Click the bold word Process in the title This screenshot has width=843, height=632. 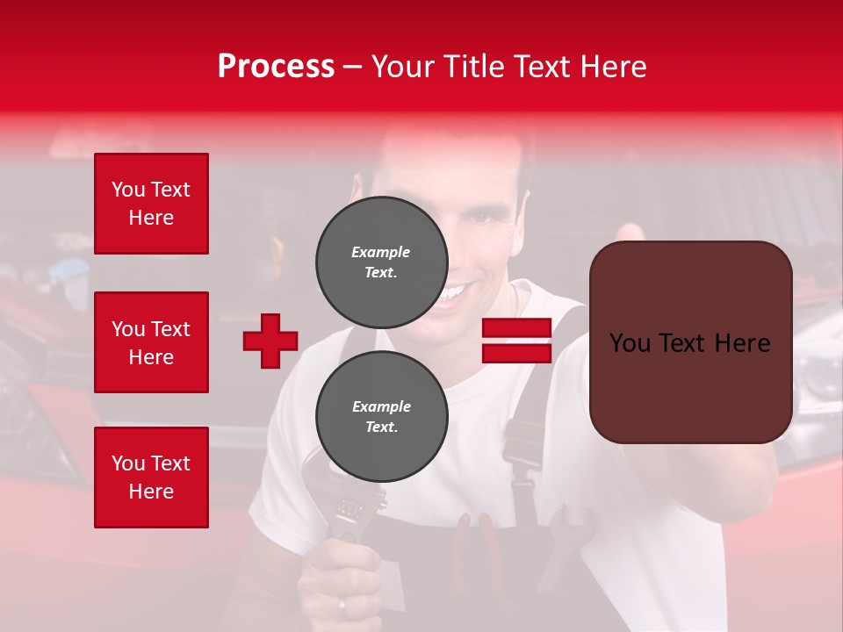[276, 66]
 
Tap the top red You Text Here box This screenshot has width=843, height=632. [151, 204]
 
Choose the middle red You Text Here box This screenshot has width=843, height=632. [151, 342]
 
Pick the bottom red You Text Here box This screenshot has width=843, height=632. [151, 477]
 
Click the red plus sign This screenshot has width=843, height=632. [270, 341]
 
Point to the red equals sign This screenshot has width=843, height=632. [516, 341]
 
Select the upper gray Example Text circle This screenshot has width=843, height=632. [381, 262]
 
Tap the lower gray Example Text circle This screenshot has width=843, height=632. [381, 416]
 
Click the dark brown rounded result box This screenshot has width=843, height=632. [690, 342]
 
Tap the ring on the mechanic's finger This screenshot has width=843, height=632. [342, 606]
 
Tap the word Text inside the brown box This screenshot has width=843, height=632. [690, 342]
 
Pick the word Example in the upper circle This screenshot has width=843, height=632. [381, 252]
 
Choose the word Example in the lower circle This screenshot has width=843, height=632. [381, 406]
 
